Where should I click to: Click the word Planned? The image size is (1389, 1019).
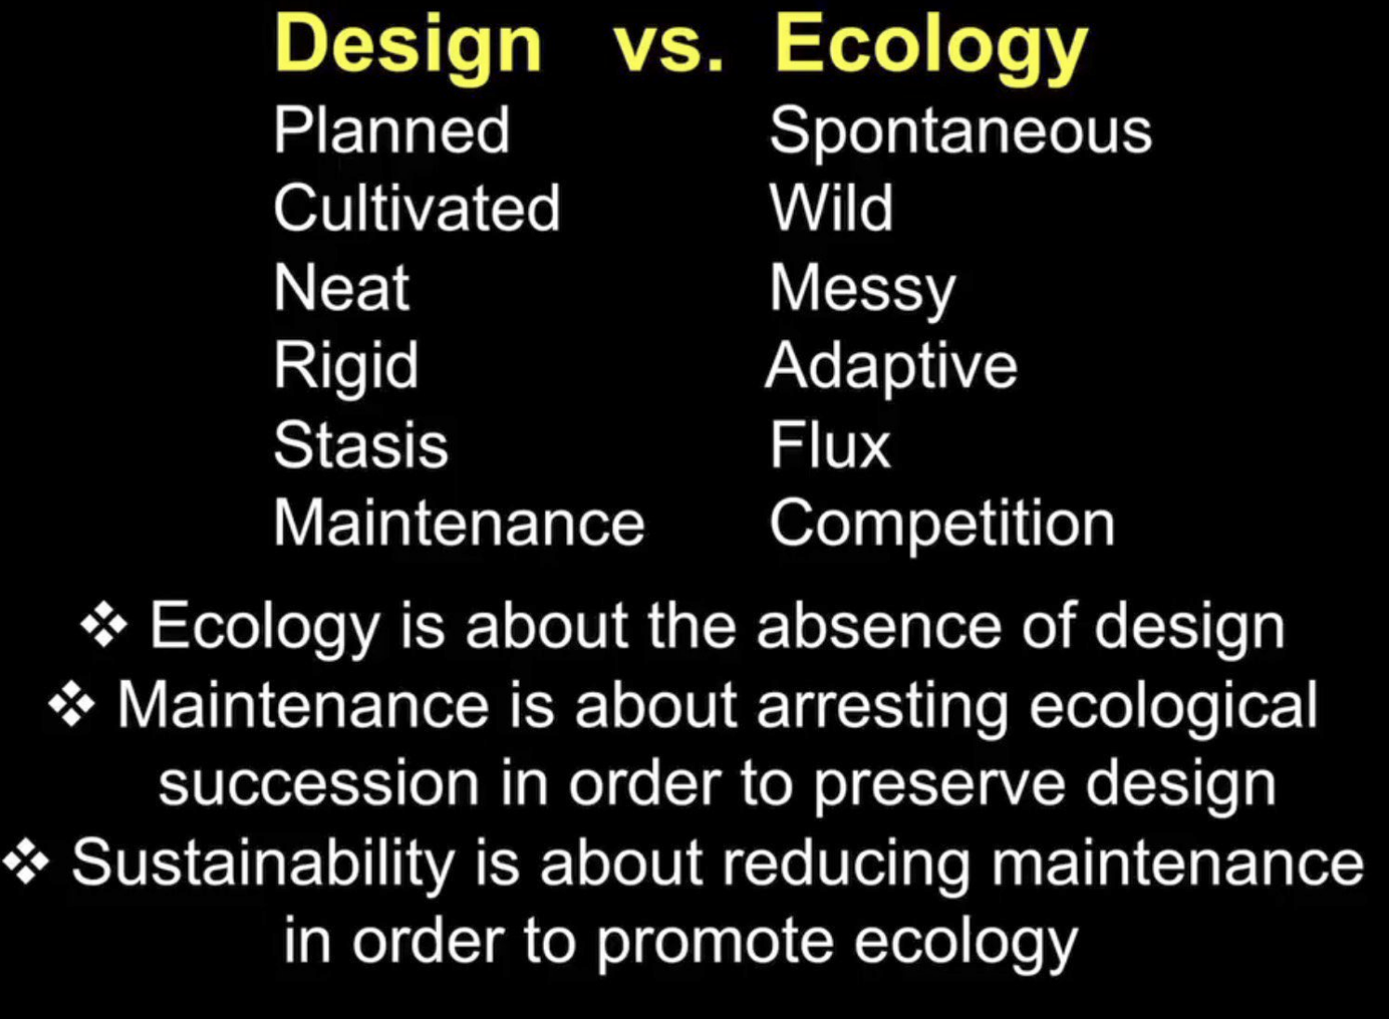[391, 129]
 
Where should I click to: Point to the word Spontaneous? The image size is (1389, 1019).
[960, 131]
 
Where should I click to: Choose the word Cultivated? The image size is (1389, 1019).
[417, 207]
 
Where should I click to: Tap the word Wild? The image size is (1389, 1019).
[831, 207]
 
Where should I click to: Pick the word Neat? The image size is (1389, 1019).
[341, 287]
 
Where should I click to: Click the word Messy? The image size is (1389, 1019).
[863, 290]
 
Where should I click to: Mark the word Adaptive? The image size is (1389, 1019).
[892, 368]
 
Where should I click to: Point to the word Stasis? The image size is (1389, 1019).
[361, 444]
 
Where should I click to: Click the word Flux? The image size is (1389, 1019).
[830, 444]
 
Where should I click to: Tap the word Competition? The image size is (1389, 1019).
[942, 524]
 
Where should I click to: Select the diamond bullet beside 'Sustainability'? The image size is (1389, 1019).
[26, 862]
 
